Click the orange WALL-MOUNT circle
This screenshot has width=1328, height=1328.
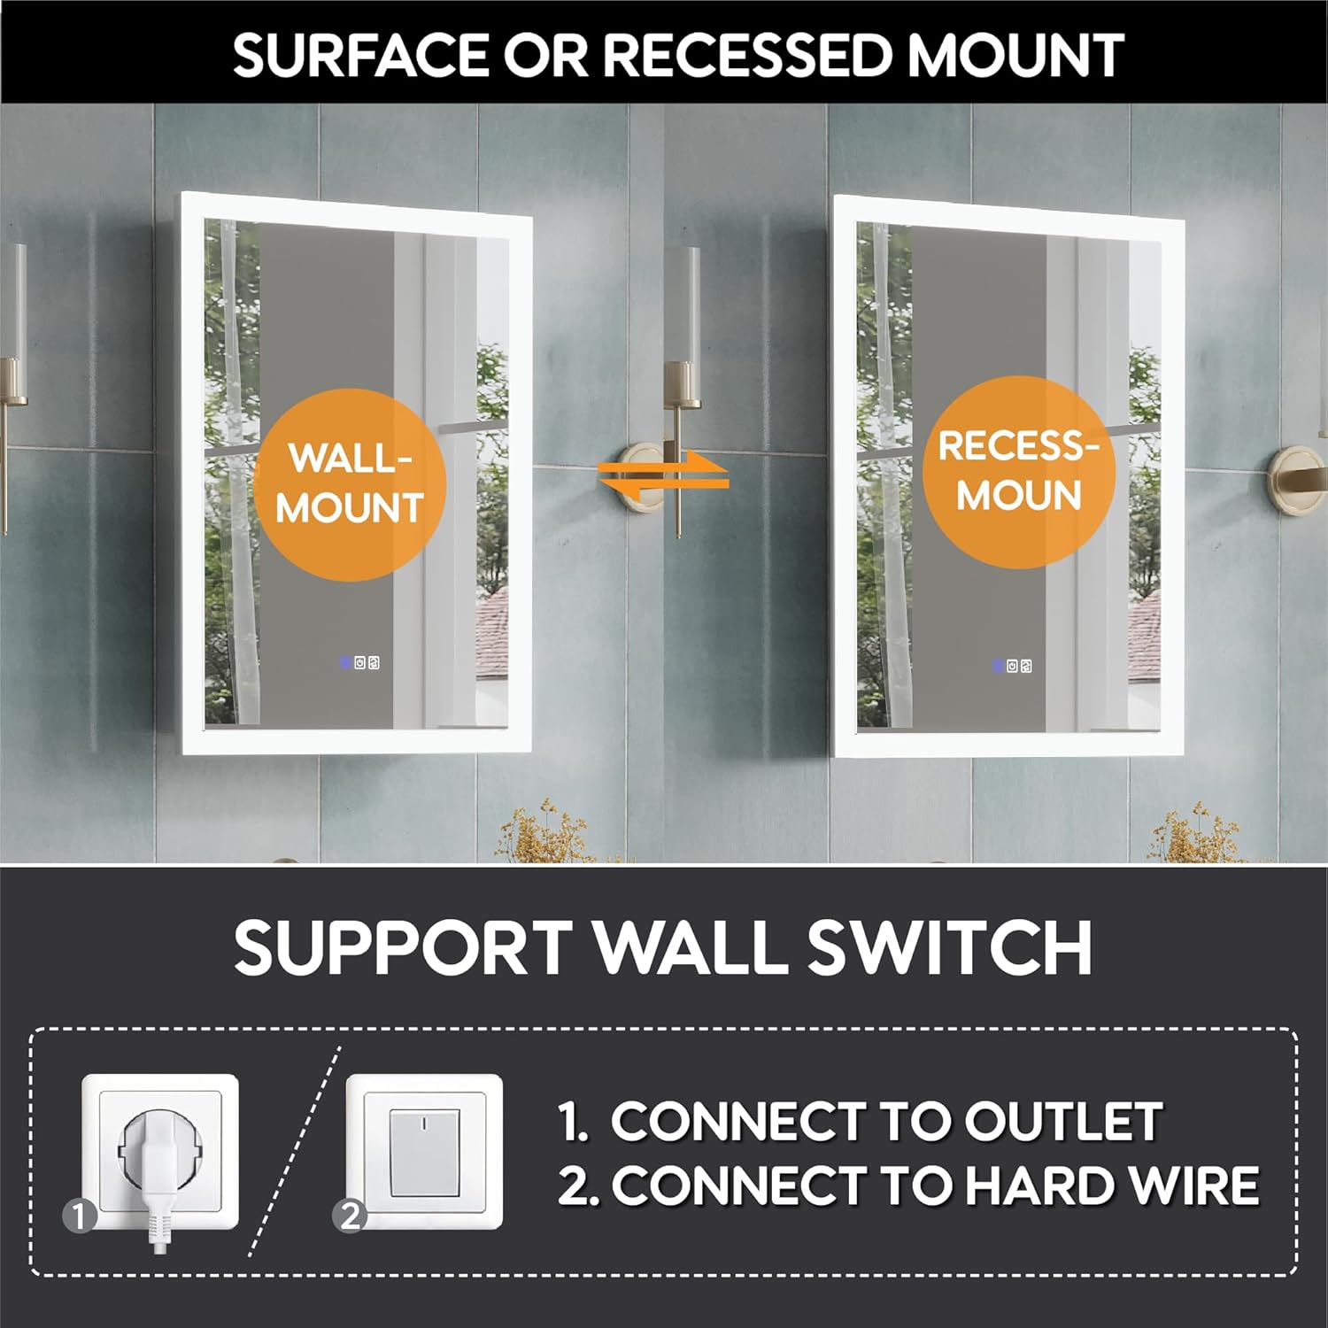pos(350,484)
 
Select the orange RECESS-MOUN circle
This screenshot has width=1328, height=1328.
pos(1019,472)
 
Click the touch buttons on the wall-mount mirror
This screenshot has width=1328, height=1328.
pos(359,662)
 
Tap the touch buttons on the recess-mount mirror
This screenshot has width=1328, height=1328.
pos(1012,665)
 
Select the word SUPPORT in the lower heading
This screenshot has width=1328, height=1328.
pos(403,948)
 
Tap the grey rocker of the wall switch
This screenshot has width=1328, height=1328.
pos(424,1152)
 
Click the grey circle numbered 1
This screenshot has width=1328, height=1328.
pos(80,1216)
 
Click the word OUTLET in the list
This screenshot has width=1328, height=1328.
pos(1063,1122)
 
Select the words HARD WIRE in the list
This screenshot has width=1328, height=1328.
pos(1112,1185)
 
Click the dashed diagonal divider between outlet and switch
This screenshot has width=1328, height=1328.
pos(295,1151)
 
